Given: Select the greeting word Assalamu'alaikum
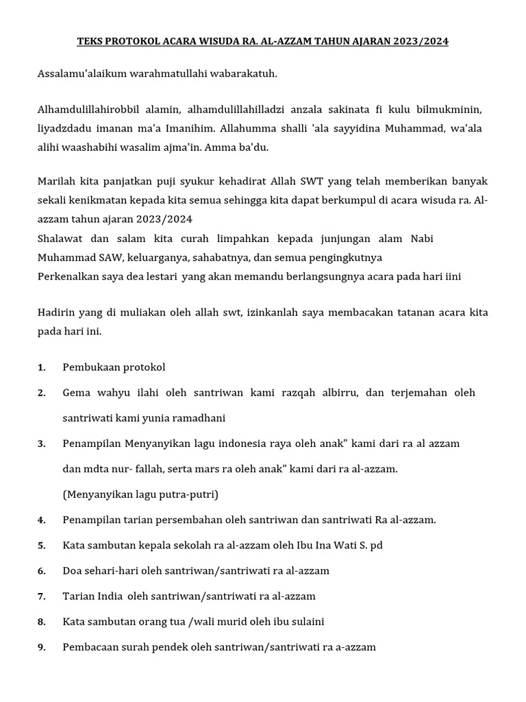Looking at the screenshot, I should (x=78, y=73).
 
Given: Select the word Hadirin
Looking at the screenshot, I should (x=56, y=313).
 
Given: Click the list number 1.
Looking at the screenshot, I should (x=41, y=367).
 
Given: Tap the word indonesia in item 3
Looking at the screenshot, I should (x=272, y=444).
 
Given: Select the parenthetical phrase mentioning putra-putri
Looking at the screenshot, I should (x=140, y=494).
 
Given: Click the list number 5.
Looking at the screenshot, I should (x=41, y=546).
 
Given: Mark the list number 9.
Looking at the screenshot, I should (x=41, y=647).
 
